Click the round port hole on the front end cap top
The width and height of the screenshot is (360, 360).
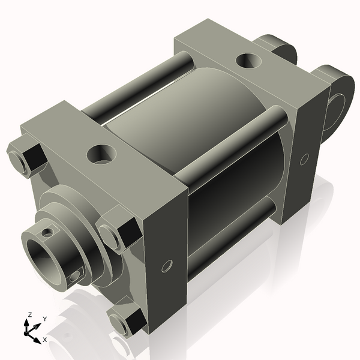[x=100, y=154]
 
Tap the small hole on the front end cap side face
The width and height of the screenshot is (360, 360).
[x=167, y=265]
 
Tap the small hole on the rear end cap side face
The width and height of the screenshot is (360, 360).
[x=304, y=159]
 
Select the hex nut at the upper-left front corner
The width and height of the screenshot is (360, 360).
[x=25, y=158]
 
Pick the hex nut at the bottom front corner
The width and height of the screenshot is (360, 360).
[x=127, y=322]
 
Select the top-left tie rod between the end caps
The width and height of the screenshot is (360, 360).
[x=138, y=83]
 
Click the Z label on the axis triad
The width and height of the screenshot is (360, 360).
[x=29, y=315]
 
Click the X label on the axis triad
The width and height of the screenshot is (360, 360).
[x=45, y=340]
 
